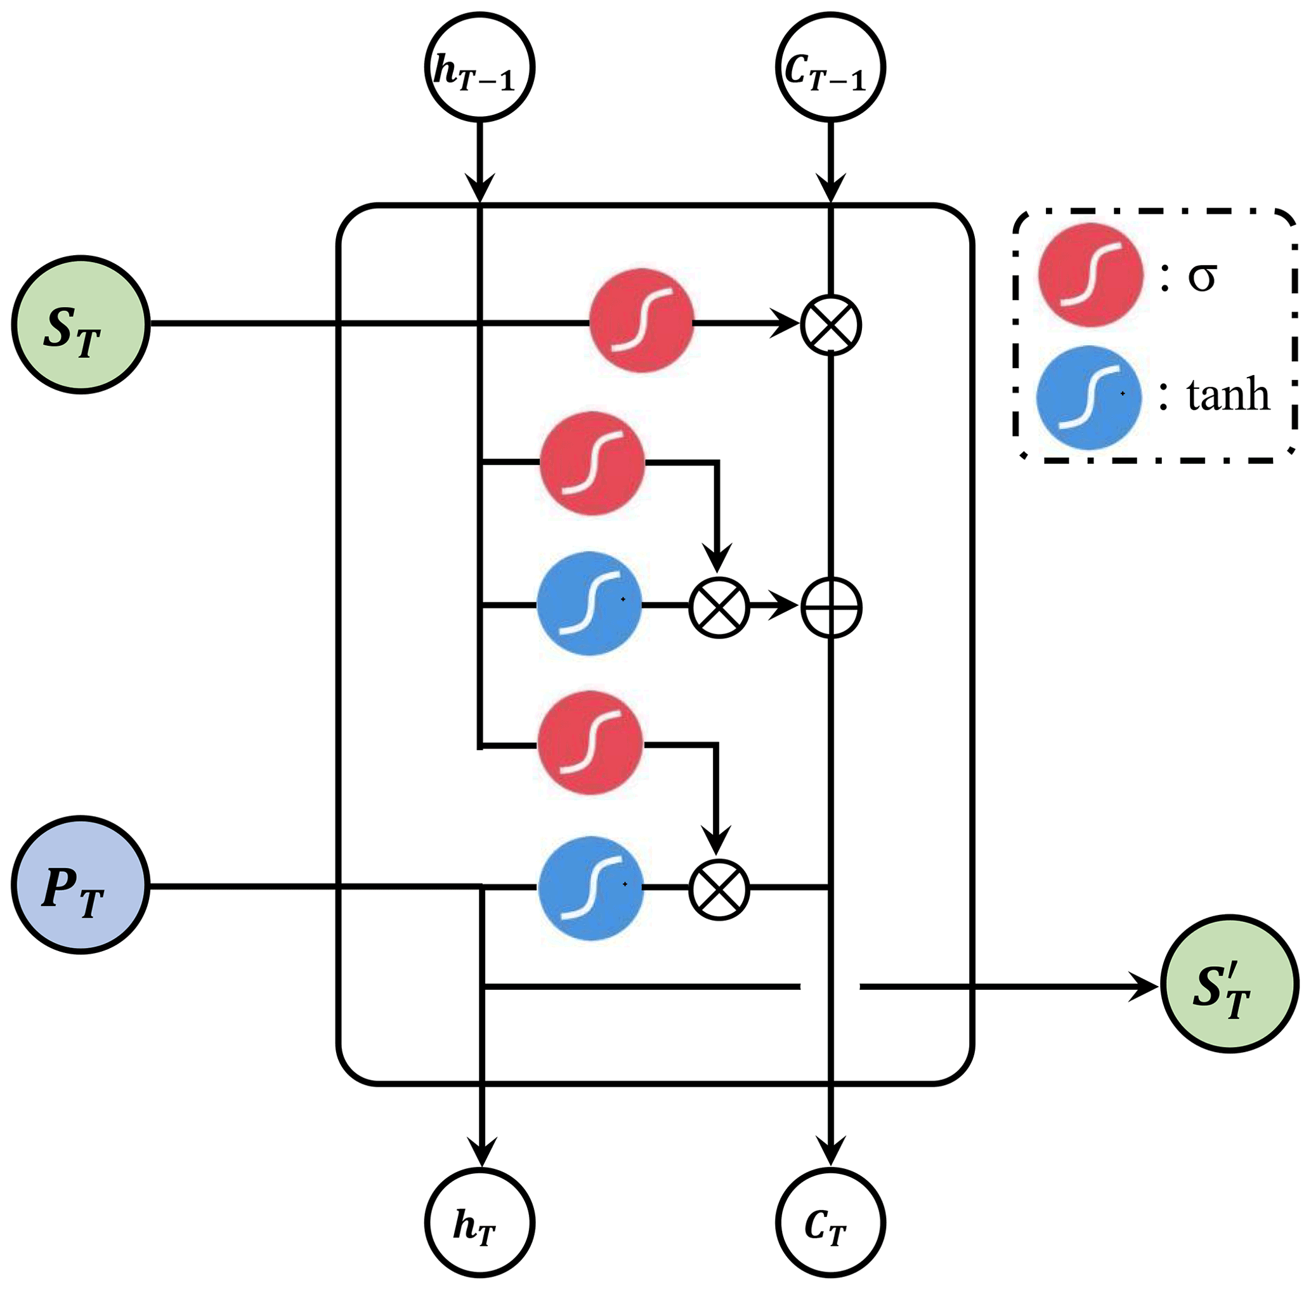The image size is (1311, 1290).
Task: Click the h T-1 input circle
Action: (x=479, y=68)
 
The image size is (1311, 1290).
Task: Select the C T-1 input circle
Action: (x=830, y=68)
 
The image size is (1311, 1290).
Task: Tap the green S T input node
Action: (x=81, y=324)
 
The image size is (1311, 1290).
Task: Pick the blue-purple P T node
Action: (x=81, y=885)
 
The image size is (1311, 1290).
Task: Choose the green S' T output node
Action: (x=1229, y=984)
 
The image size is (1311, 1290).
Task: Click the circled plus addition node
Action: (x=831, y=607)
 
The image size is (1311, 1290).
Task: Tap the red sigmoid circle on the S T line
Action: (x=641, y=320)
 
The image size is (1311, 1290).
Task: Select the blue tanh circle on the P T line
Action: (x=590, y=888)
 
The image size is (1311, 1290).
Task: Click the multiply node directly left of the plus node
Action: (x=719, y=607)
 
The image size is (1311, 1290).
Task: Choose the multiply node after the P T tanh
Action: (x=719, y=889)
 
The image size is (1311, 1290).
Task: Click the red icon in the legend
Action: (x=1090, y=275)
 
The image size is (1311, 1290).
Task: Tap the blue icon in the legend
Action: (x=1089, y=397)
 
